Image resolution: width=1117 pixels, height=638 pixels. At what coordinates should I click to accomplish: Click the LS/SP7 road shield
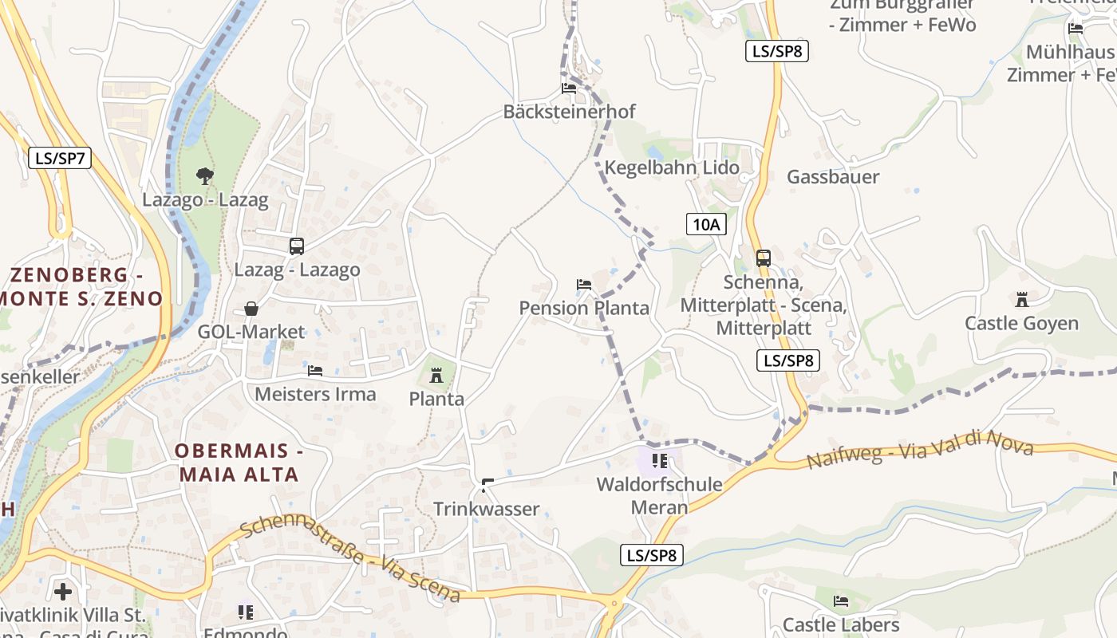60,158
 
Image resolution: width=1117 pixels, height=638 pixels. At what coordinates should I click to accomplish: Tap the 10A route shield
706,224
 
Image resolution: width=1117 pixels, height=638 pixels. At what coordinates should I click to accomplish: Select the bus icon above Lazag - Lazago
297,246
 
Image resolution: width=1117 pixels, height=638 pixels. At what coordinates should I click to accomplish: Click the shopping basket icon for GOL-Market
251,309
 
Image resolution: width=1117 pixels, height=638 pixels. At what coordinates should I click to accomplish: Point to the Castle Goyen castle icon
1021,300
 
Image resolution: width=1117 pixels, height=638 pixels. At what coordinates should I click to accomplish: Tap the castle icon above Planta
436,375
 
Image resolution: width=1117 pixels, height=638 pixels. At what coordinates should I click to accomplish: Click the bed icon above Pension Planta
584,285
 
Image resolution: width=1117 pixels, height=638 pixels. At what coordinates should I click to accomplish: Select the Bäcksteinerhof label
569,112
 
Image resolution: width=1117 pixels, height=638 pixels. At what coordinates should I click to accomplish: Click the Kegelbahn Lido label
672,168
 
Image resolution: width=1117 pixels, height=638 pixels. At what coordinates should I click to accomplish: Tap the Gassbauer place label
833,177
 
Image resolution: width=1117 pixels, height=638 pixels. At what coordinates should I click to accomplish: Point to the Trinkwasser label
486,509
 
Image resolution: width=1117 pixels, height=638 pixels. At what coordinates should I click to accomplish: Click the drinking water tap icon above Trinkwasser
487,484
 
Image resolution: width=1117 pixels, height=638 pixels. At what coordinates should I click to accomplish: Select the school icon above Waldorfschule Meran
659,461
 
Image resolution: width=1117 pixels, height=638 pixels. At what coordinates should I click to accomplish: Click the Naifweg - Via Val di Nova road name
919,450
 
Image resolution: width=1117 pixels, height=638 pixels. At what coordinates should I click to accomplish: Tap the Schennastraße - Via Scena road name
350,560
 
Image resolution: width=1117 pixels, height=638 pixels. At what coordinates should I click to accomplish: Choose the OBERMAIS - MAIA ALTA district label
239,463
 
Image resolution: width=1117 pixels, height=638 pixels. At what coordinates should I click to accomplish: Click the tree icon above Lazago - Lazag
205,175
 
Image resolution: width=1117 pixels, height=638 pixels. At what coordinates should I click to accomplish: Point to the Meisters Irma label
315,394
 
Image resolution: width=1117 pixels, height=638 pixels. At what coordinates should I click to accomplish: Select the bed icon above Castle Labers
841,601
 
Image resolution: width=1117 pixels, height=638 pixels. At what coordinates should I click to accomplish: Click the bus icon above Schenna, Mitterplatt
764,258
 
